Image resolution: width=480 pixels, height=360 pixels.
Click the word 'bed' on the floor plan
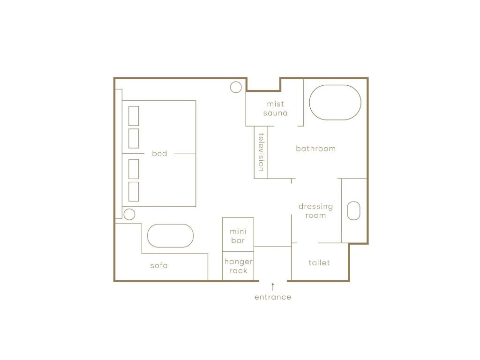coord(159,153)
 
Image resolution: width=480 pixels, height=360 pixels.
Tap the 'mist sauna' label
coord(276,109)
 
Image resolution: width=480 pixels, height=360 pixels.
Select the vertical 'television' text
coord(261,152)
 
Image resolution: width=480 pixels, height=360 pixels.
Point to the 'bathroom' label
coord(315,149)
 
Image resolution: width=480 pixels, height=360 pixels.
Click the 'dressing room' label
coord(315,211)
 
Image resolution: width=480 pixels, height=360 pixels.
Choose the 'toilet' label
coord(319,262)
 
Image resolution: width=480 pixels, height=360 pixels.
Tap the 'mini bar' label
coord(238,236)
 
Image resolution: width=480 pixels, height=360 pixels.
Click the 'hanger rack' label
coord(239,266)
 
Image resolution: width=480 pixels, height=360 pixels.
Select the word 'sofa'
coord(159,265)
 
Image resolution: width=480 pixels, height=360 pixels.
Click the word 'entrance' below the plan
coord(273,297)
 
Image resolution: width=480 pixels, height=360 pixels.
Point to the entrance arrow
coord(273,287)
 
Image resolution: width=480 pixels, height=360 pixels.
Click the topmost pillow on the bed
coord(134,116)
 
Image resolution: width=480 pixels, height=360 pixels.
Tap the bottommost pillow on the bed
coord(134,192)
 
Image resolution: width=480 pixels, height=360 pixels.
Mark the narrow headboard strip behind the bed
coord(119,154)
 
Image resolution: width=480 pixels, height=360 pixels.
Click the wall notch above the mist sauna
coord(263,90)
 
